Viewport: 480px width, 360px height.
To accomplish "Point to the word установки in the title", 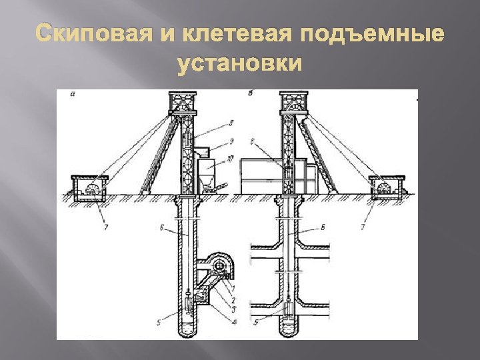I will [x=240, y=65].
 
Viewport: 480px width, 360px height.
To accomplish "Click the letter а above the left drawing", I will [x=72, y=95].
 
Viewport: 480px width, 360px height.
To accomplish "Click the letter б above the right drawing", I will [x=249, y=93].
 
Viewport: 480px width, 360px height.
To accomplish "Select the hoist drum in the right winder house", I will [x=384, y=189].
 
